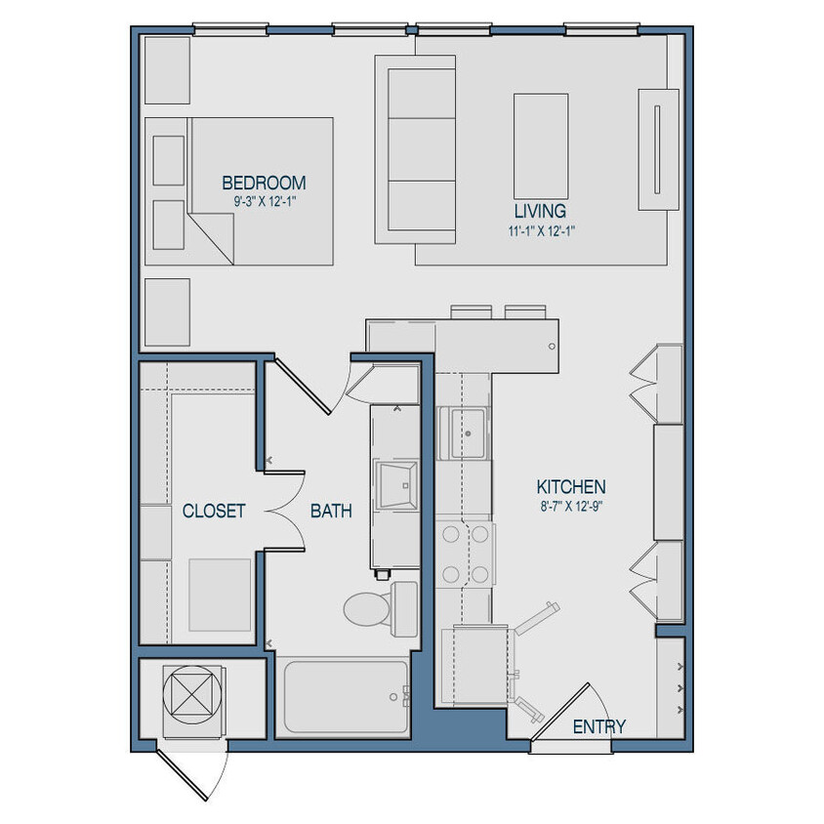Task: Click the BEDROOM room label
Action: (x=264, y=183)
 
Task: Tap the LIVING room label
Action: (x=540, y=211)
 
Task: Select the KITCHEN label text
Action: (x=571, y=486)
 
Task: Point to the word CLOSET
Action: (x=214, y=511)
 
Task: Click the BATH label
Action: (x=332, y=511)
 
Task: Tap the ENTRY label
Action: (x=598, y=726)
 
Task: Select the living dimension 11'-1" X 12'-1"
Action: (x=540, y=231)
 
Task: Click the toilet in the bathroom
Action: (x=376, y=605)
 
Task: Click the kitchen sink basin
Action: (x=466, y=433)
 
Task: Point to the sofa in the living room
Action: (x=416, y=149)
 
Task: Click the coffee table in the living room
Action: (x=541, y=145)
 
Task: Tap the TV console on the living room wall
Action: (x=657, y=148)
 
